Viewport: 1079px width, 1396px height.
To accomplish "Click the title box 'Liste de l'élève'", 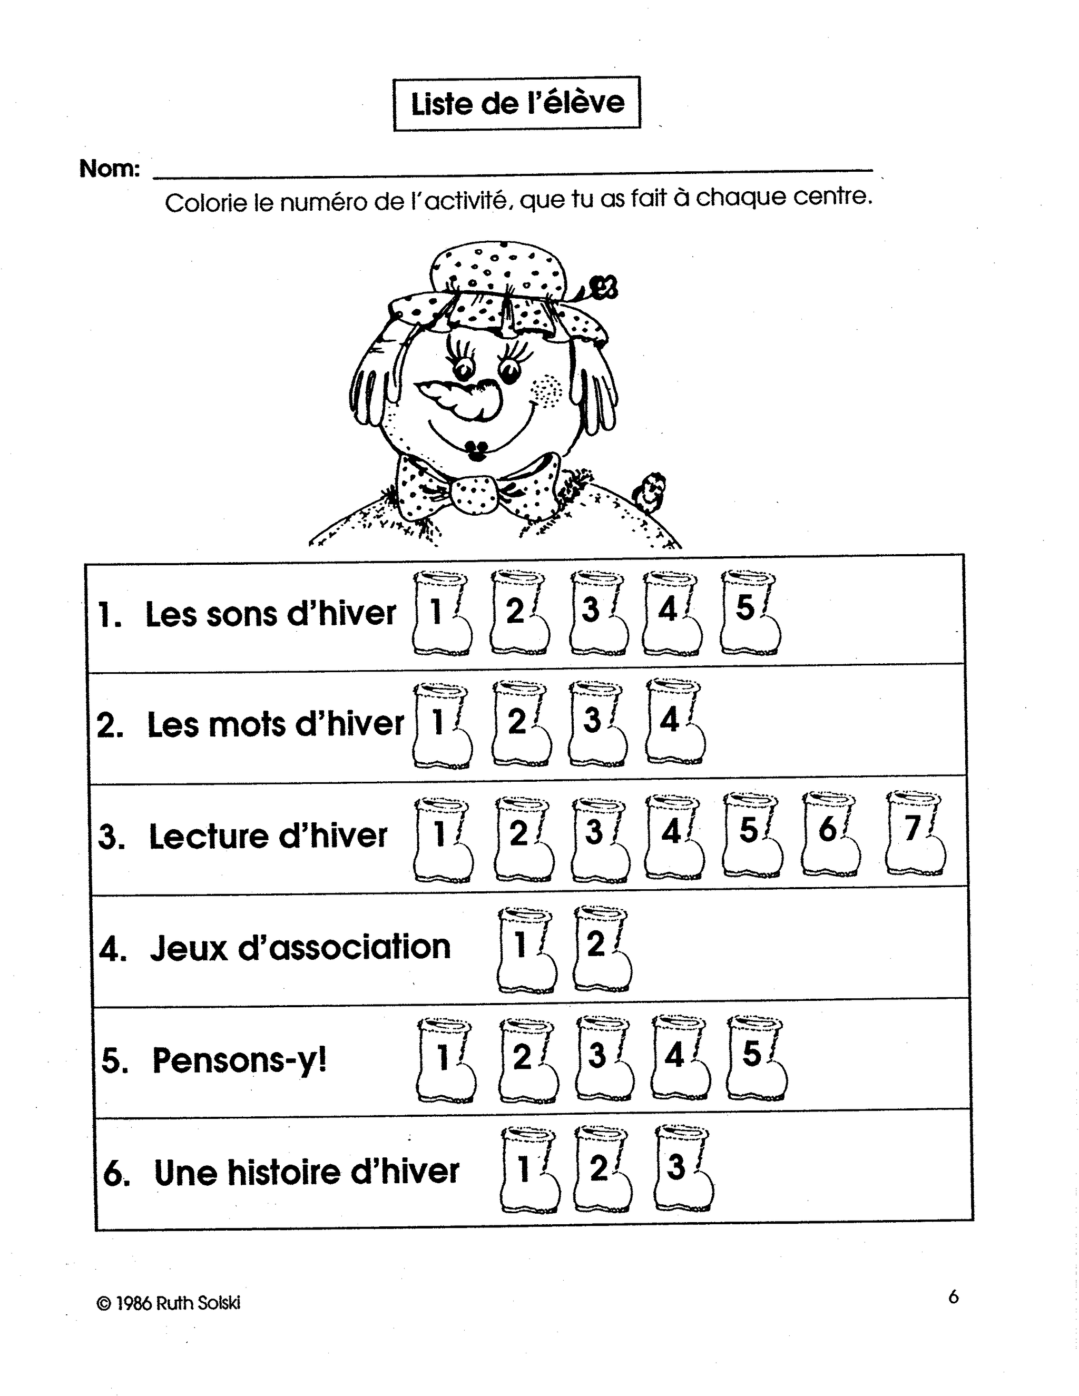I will [516, 104].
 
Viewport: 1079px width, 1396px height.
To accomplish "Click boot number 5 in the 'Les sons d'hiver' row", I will [750, 612].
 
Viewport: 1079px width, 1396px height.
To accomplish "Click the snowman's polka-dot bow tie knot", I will [474, 495].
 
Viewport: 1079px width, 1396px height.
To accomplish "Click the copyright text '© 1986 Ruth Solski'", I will [169, 1303].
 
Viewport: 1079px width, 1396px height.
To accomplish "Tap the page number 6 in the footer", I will [953, 1296].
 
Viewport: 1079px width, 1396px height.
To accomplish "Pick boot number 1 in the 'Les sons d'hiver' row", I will [441, 612].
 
